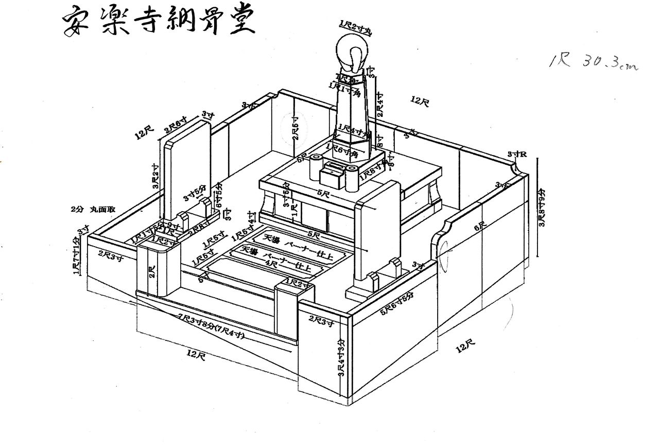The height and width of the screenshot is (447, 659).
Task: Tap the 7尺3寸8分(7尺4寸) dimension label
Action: click(211, 325)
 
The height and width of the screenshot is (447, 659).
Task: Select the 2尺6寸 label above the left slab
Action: click(176, 125)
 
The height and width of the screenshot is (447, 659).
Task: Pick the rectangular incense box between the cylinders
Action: click(332, 176)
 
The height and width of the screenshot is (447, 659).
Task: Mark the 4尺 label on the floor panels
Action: click(273, 263)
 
